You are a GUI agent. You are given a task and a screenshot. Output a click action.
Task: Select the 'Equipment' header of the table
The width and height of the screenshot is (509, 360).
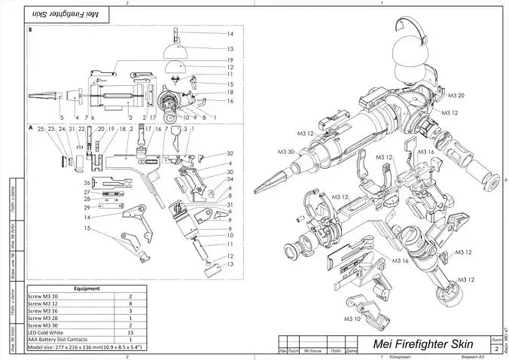(84, 288)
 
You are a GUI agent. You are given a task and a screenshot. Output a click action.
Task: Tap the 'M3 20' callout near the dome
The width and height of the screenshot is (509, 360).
(456, 96)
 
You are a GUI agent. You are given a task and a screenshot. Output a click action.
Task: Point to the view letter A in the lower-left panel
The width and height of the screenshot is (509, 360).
(29, 128)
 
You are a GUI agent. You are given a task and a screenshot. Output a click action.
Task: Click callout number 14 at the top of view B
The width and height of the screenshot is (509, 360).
(230, 35)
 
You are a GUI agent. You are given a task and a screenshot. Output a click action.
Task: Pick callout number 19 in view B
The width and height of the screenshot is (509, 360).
(230, 60)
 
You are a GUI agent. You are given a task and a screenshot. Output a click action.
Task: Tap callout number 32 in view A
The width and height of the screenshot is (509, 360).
(230, 153)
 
